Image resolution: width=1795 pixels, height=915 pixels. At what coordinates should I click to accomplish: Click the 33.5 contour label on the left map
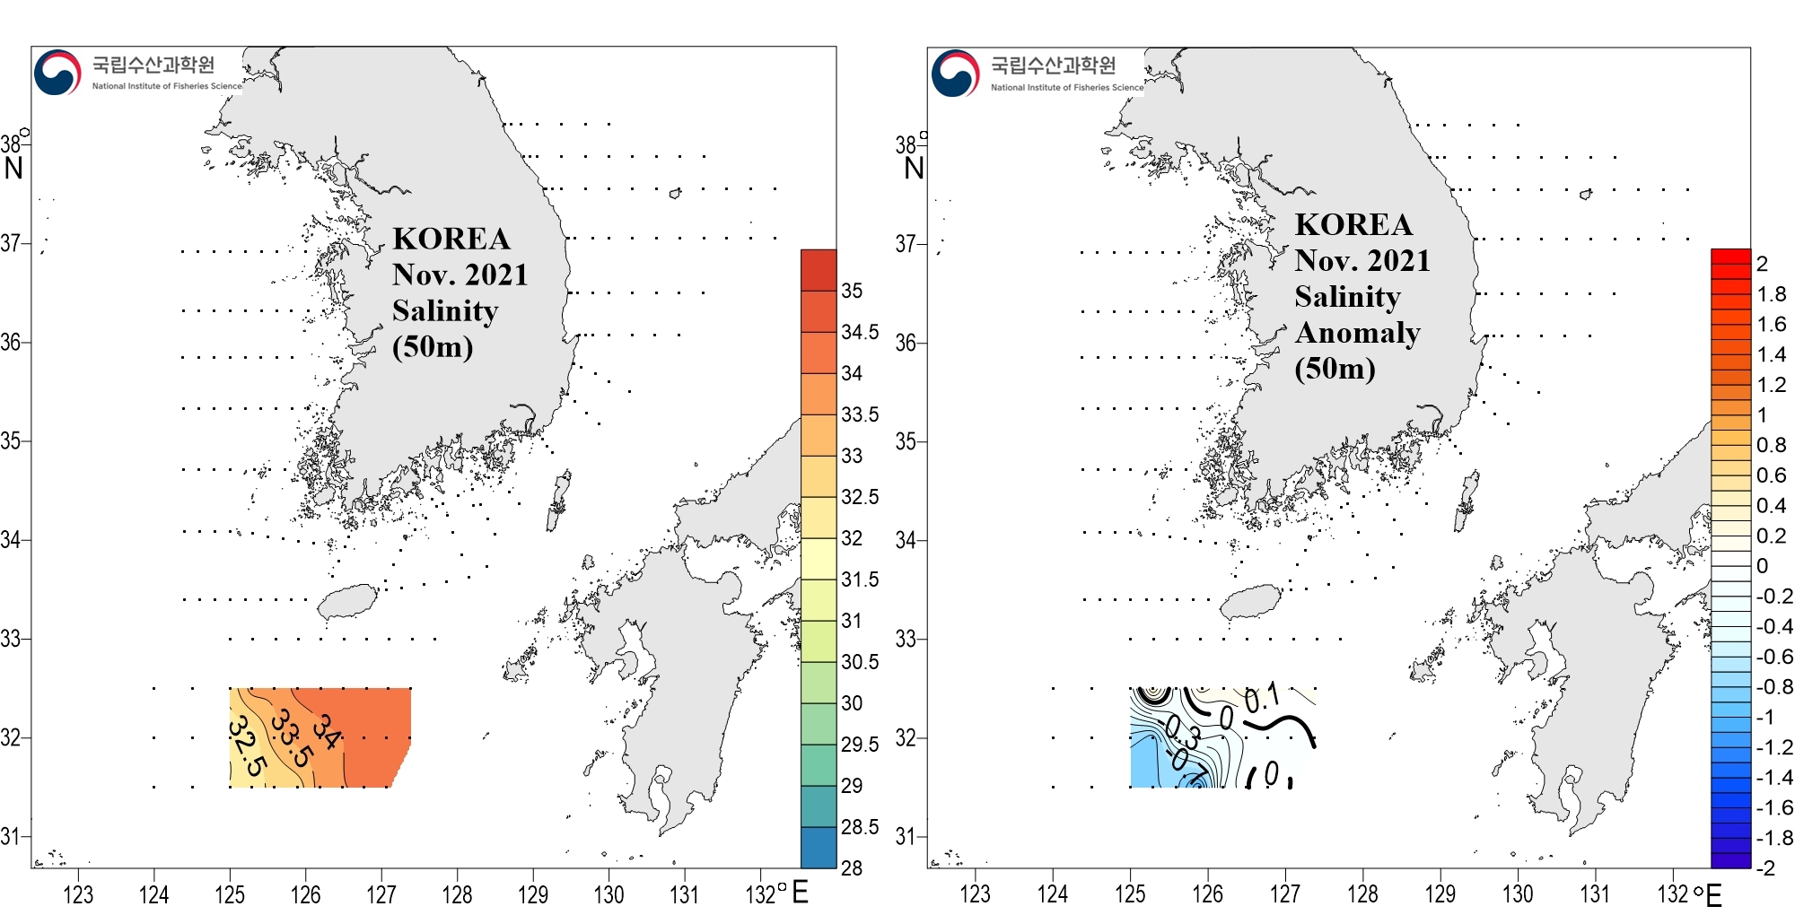[x=292, y=738]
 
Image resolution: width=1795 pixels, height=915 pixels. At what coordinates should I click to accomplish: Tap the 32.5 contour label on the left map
[x=247, y=746]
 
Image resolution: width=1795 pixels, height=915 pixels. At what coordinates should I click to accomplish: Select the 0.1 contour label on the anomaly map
[x=1262, y=698]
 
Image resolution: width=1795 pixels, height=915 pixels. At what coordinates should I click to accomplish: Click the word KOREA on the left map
[x=451, y=239]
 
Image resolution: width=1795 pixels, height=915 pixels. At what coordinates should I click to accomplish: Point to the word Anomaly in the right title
[x=1357, y=333]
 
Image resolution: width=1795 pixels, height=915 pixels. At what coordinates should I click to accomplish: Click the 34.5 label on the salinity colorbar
[x=860, y=332]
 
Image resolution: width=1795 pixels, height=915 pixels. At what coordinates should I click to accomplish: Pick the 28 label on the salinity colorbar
[x=851, y=867]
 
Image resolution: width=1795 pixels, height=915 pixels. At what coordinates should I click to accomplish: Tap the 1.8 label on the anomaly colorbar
[x=1772, y=294]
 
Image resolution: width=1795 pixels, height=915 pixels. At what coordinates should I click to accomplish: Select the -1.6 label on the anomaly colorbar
[x=1774, y=807]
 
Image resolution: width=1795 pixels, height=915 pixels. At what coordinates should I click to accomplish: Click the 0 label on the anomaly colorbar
[x=1763, y=566]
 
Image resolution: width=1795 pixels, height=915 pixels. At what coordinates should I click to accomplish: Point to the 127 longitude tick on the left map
[x=381, y=894]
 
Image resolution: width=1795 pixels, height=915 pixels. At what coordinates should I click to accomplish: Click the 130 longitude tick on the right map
[x=1518, y=894]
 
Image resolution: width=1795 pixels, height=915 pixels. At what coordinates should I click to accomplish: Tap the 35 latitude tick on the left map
[x=11, y=440]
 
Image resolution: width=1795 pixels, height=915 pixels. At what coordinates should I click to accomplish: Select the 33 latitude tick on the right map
[x=906, y=639]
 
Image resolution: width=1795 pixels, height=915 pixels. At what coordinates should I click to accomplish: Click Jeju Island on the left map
[x=347, y=602]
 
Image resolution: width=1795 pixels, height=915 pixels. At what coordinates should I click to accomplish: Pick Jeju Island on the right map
[x=1248, y=602]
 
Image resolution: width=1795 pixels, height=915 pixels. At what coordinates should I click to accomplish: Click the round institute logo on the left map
[x=57, y=73]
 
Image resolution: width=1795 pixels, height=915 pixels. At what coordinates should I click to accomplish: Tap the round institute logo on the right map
[x=956, y=73]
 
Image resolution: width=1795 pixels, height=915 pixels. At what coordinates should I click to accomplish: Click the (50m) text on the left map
[x=433, y=346]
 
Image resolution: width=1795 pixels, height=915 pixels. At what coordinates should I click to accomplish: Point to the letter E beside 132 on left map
[x=800, y=893]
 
